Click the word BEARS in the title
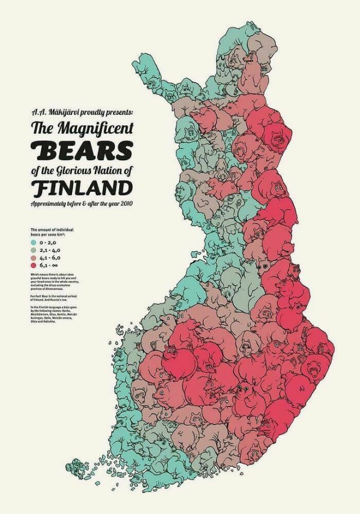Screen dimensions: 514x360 (83, 150)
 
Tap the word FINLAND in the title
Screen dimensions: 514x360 (83, 187)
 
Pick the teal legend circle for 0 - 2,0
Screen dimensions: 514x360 (34, 242)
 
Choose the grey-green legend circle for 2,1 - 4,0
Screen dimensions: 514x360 (34, 249)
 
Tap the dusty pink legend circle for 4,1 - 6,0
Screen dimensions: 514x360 (34, 256)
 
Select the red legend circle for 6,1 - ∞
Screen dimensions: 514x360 (34, 264)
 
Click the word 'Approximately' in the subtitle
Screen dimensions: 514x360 (49, 202)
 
